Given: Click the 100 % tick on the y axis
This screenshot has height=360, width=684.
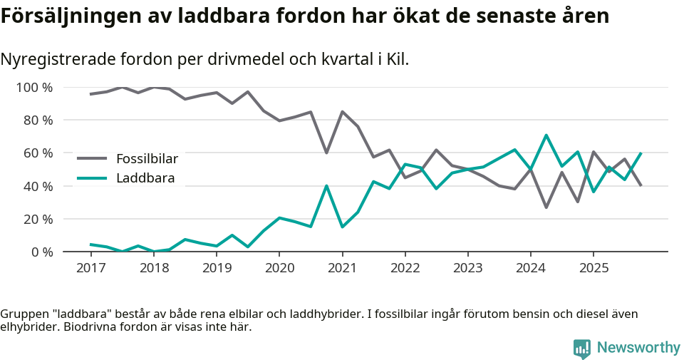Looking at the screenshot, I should pyautogui.click(x=34, y=88).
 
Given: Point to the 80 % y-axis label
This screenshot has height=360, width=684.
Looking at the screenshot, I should pyautogui.click(x=38, y=120).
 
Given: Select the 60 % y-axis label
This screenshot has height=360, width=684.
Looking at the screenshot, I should pyautogui.click(x=38, y=153).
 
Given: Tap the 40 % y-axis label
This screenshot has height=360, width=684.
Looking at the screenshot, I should pyautogui.click(x=38, y=186).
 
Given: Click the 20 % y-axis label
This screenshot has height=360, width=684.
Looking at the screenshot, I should pyautogui.click(x=38, y=219).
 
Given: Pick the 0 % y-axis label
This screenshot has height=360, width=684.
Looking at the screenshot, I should pyautogui.click(x=41, y=252).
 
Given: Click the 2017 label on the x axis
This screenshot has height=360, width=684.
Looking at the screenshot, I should pyautogui.click(x=90, y=268).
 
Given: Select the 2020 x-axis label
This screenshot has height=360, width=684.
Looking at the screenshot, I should pyautogui.click(x=279, y=268).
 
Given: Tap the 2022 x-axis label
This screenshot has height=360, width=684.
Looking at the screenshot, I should pyautogui.click(x=405, y=268).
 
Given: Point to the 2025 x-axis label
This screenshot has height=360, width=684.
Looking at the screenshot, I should pyautogui.click(x=594, y=268).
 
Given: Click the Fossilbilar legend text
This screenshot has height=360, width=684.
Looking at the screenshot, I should pyautogui.click(x=147, y=158).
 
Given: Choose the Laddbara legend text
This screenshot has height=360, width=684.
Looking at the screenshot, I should pyautogui.click(x=145, y=178).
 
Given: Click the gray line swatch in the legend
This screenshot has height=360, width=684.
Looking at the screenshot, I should pyautogui.click(x=92, y=158).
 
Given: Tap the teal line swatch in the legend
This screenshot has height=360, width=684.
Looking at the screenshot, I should pyautogui.click(x=92, y=178).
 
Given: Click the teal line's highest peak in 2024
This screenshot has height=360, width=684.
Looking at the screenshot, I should pyautogui.click(x=546, y=135).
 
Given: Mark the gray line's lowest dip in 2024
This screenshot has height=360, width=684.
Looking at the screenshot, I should pyautogui.click(x=546, y=207).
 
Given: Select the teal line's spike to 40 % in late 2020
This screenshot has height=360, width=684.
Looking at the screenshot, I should pyautogui.click(x=326, y=186).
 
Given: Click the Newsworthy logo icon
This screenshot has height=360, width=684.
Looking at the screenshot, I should pyautogui.click(x=581, y=348).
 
